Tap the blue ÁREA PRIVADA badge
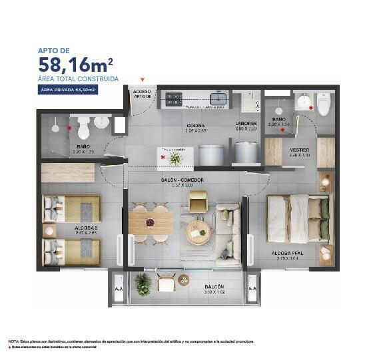tap(69, 90)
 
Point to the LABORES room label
tap(246, 124)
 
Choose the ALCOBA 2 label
tap(69, 228)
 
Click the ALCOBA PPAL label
tap(288, 254)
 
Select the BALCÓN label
tap(214, 287)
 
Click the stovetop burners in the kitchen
tap(174, 99)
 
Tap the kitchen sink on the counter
tap(218, 99)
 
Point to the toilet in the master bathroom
tap(324, 103)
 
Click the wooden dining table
tap(151, 222)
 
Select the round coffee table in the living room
tap(198, 231)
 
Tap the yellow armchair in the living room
tap(198, 200)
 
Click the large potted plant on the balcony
tap(143, 283)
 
